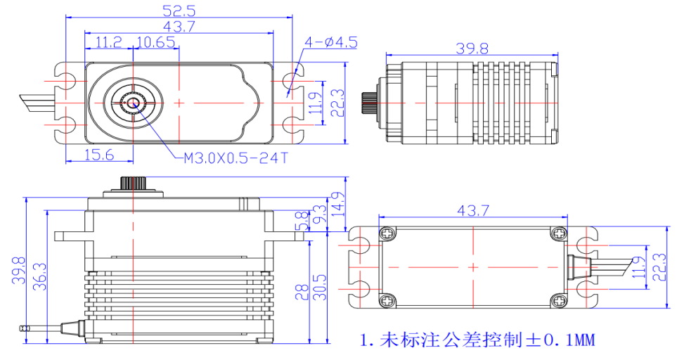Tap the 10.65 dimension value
[156, 43]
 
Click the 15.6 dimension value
[98, 155]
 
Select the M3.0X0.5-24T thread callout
[235, 158]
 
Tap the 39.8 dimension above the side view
[471, 49]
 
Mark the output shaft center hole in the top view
[132, 103]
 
